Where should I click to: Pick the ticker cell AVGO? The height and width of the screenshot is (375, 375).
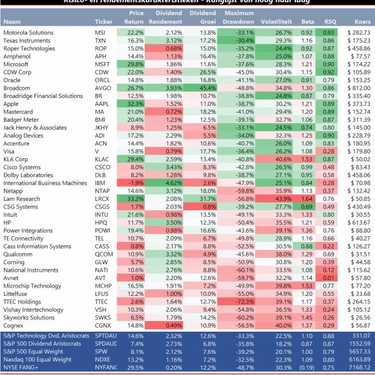pyautogui.click(x=102, y=87)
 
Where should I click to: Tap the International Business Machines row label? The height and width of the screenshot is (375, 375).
pyautogui.click(x=45, y=183)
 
